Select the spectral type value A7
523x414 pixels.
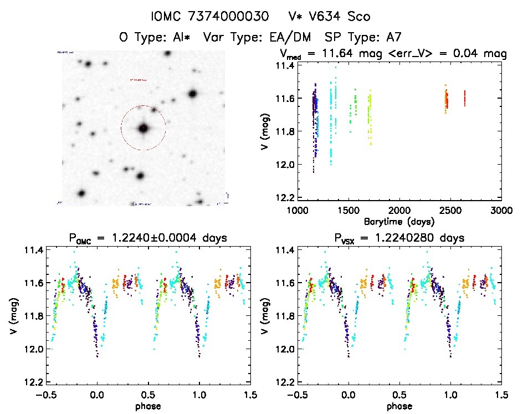(392, 38)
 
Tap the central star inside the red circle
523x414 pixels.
(143, 128)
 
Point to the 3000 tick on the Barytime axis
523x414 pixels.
(501, 211)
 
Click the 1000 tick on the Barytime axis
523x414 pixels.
(297, 211)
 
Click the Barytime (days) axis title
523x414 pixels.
(399, 221)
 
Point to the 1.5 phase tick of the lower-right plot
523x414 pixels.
(501, 395)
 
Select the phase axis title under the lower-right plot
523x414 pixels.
(399, 406)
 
